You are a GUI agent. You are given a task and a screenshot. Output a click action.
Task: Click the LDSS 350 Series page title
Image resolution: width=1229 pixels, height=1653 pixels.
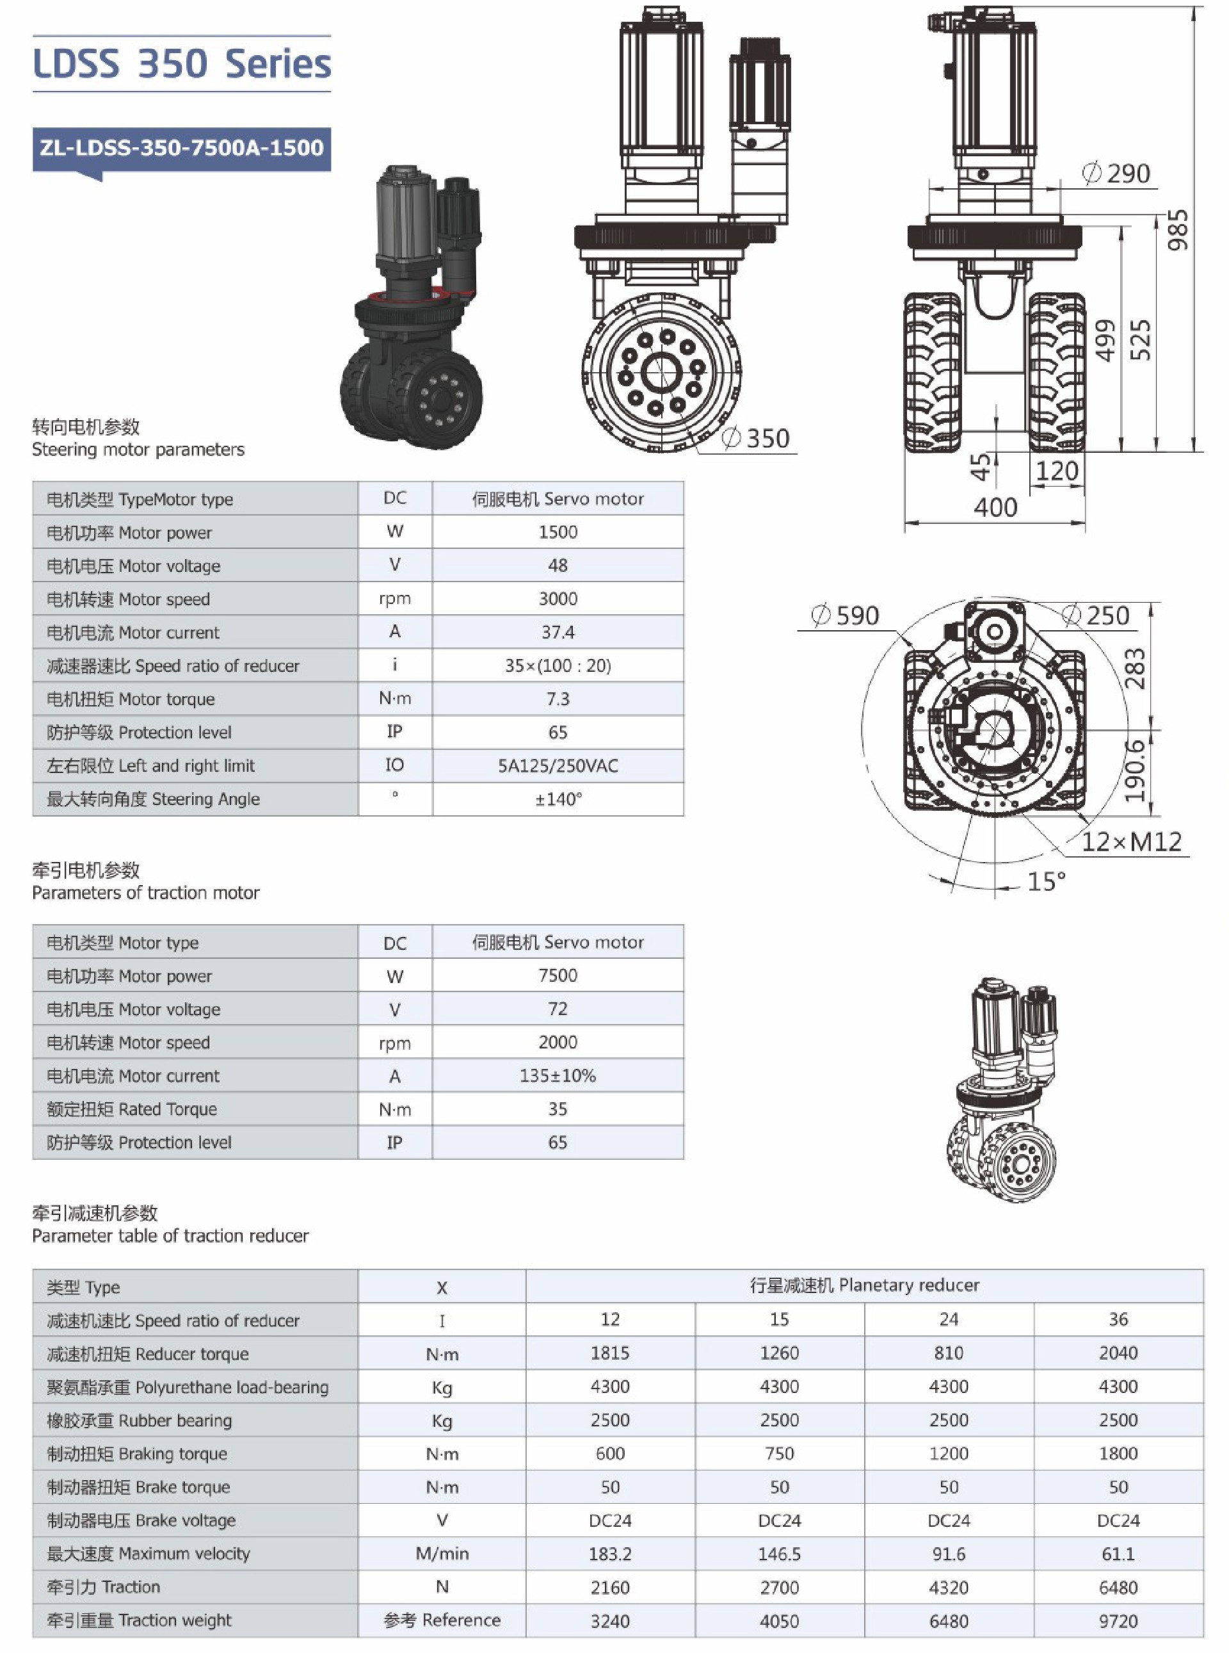click(x=182, y=64)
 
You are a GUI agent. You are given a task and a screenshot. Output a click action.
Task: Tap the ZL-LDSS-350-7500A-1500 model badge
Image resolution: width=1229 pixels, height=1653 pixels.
click(x=182, y=147)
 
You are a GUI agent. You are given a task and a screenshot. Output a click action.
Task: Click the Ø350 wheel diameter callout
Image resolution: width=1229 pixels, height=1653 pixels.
click(x=757, y=438)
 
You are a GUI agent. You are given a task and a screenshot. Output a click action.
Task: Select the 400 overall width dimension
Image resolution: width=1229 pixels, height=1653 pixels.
click(x=995, y=508)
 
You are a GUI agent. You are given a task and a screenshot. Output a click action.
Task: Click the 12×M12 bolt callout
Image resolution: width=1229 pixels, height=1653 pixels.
click(x=1131, y=842)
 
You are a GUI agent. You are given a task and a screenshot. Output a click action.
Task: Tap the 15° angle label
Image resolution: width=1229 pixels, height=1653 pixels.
click(x=1046, y=882)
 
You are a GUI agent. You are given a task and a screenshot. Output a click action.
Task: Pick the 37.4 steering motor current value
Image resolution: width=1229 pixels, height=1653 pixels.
click(x=558, y=632)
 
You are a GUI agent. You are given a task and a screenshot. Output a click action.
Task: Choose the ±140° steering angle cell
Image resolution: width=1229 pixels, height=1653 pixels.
click(x=558, y=799)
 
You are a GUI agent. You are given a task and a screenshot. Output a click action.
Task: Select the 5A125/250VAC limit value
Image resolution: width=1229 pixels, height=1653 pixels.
click(x=558, y=766)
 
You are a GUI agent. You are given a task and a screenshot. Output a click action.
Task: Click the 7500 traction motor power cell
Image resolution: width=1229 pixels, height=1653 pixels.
click(x=558, y=975)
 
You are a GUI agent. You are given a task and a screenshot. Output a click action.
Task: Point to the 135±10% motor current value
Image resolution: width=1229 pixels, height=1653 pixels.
click(x=558, y=1075)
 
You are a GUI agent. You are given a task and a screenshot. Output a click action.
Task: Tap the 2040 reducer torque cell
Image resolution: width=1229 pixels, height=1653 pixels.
click(x=1118, y=1353)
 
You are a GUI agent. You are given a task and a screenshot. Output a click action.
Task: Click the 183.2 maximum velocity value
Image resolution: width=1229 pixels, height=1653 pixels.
click(x=610, y=1553)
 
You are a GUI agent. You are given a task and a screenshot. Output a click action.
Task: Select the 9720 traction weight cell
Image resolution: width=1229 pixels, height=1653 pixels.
click(x=1118, y=1620)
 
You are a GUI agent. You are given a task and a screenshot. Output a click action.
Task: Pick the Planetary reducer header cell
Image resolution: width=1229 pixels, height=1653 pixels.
click(x=865, y=1285)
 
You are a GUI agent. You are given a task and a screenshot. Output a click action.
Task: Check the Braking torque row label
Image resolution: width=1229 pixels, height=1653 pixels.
click(x=137, y=1454)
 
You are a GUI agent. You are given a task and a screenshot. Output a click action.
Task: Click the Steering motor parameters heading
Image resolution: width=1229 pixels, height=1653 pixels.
click(x=138, y=450)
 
